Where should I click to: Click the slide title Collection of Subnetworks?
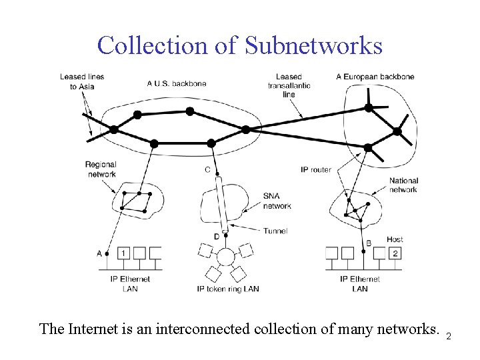240,46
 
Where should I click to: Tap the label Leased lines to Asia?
81,81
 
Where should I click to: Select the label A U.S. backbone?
177,83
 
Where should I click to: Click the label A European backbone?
375,77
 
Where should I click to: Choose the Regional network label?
101,169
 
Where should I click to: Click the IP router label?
316,170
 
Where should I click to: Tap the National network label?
403,185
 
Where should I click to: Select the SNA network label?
277,201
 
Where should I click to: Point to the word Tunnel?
275,231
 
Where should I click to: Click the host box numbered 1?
123,253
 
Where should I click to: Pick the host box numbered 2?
395,253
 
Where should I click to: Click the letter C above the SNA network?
207,170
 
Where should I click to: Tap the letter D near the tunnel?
216,236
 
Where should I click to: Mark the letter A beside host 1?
99,253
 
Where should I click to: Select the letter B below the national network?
369,243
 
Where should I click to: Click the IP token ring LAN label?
228,289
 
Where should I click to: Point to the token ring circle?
226,257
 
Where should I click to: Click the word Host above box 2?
395,239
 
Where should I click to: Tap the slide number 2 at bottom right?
449,336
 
